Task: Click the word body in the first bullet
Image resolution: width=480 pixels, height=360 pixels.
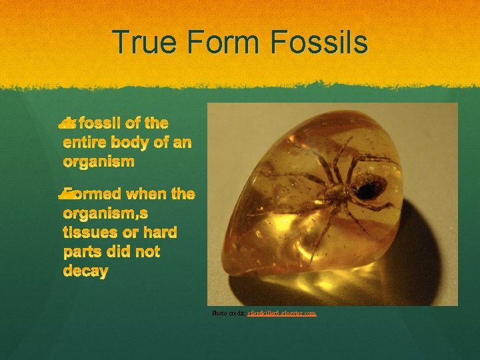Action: [133, 143]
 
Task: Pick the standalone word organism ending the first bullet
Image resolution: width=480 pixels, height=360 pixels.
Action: [98, 161]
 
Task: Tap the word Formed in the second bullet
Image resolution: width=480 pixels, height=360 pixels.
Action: [93, 195]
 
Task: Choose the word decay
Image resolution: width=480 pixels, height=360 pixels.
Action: [85, 271]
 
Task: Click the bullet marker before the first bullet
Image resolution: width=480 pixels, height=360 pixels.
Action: [67, 123]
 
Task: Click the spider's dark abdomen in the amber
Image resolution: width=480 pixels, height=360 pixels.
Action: [367, 193]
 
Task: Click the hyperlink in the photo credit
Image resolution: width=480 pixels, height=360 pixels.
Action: [282, 313]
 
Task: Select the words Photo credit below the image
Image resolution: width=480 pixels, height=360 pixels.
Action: [228, 313]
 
